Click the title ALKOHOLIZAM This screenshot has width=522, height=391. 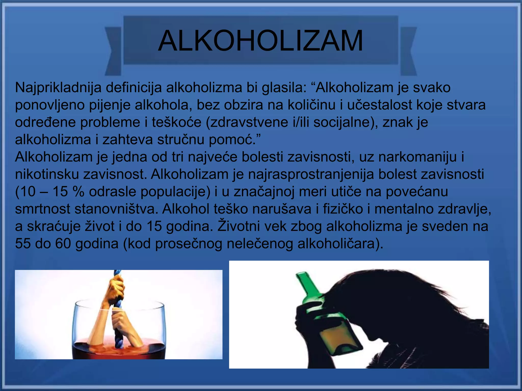260,41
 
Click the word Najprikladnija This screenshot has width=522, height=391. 58,88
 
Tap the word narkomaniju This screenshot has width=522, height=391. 417,157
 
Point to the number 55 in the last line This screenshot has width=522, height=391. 23,244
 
